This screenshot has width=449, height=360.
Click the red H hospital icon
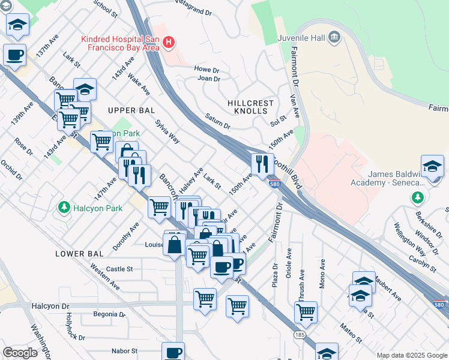click(169, 42)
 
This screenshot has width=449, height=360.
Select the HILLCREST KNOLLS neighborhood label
click(251, 107)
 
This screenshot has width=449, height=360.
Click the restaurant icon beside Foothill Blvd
click(262, 164)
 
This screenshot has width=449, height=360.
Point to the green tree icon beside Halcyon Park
click(63, 208)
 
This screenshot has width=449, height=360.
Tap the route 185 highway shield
click(298, 334)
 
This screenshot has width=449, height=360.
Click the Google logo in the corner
click(20, 353)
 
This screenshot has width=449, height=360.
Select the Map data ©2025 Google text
click(411, 355)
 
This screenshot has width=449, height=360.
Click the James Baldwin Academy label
click(396, 178)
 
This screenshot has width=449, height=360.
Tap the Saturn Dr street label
click(217, 122)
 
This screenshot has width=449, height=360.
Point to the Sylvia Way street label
click(167, 131)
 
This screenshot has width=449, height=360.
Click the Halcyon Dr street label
click(49, 306)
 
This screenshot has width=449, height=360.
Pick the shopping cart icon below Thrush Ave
click(306, 312)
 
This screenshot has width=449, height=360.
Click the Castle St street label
click(119, 269)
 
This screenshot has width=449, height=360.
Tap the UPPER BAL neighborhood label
click(131, 110)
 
